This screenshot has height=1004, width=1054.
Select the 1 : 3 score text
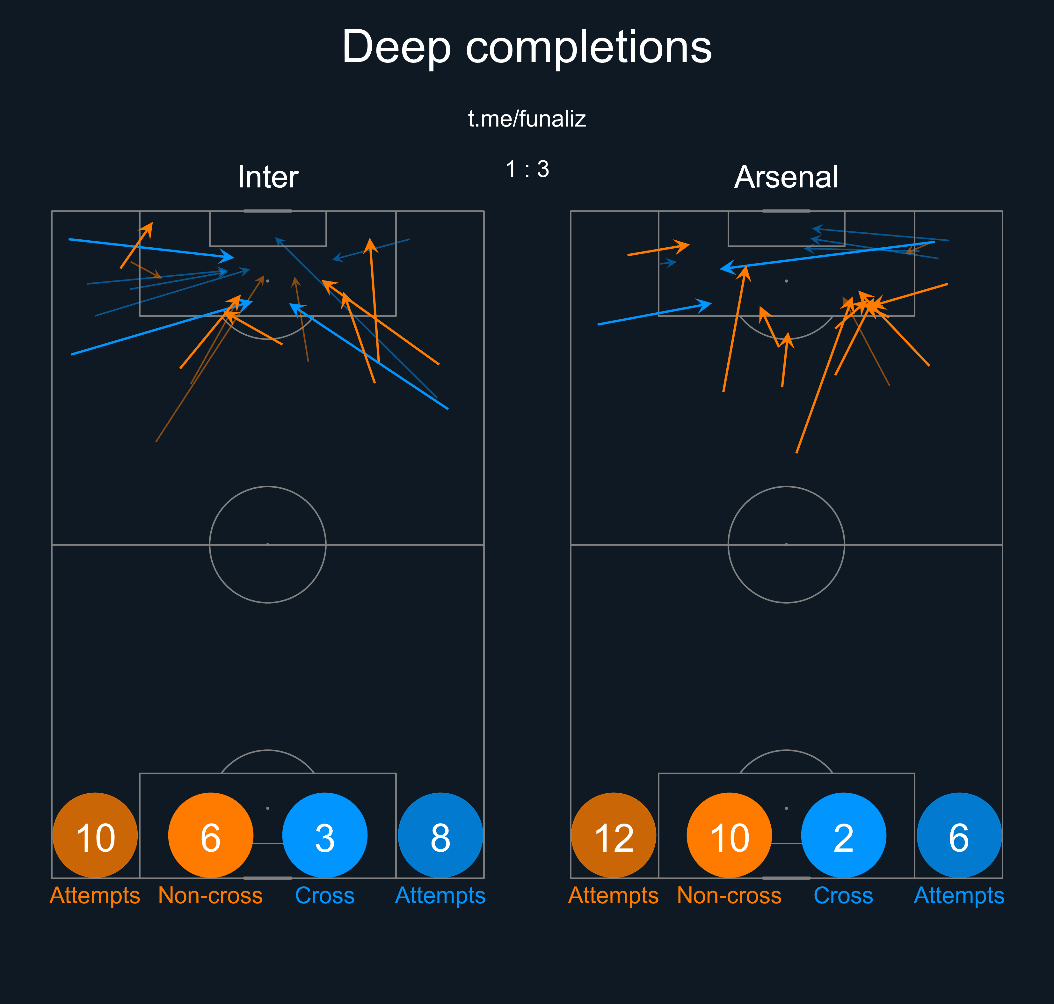(527, 169)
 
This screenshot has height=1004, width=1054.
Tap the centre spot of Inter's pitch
(267, 545)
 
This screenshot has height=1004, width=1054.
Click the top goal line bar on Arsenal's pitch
(786, 211)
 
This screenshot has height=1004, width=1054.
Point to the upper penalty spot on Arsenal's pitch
(786, 281)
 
